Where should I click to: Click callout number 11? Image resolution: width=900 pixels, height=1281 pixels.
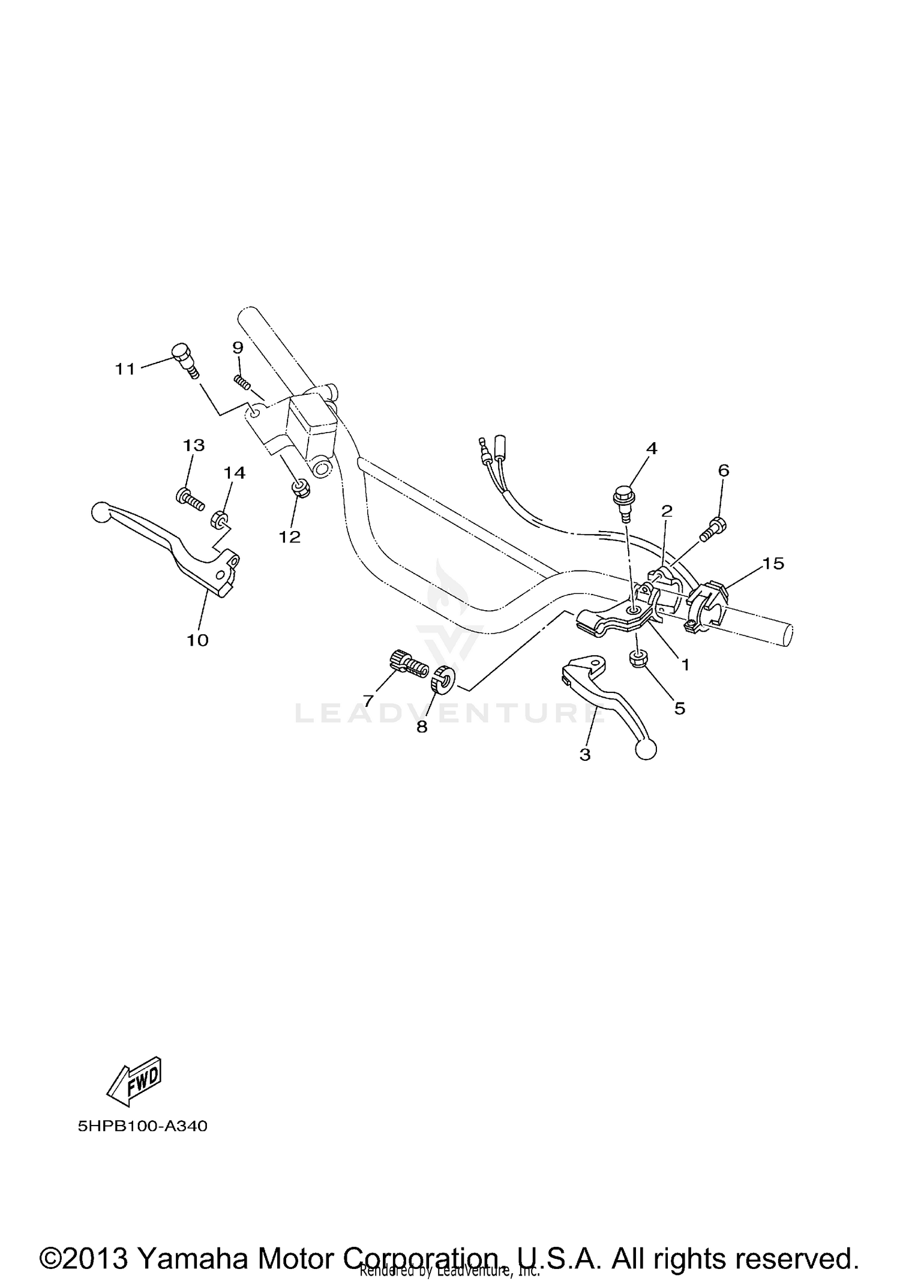(x=125, y=369)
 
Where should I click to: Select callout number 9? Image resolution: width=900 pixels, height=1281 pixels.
(x=238, y=348)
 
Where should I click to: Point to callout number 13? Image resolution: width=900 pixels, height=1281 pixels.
(x=194, y=445)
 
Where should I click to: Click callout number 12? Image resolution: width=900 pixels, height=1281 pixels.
(x=289, y=536)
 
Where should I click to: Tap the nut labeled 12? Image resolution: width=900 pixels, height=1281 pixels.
(x=301, y=488)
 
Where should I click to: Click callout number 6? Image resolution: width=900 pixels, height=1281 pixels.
(x=724, y=470)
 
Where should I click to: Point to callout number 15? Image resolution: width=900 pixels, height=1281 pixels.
(x=773, y=563)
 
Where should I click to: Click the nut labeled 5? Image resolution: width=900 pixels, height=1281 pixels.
(x=638, y=658)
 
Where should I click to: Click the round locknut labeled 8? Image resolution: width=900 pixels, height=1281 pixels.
(x=443, y=679)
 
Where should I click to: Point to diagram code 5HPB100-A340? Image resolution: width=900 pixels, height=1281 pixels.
(x=142, y=1126)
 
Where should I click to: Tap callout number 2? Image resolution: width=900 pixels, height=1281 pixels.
(x=667, y=511)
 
